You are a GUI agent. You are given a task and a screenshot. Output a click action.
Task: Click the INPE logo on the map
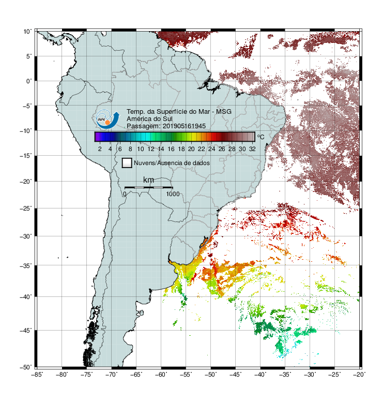108,119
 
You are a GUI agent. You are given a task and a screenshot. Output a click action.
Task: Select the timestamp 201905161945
184,126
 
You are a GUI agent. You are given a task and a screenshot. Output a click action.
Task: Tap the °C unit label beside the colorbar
261,137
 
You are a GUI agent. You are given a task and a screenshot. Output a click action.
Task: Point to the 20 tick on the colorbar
191,149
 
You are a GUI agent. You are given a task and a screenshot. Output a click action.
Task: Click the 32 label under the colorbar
252,149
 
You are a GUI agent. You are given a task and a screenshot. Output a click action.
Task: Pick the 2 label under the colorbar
100,149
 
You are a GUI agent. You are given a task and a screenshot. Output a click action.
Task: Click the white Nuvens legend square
127,163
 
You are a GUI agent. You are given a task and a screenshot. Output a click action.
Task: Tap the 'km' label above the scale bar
148,180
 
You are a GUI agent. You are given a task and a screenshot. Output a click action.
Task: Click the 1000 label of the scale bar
173,194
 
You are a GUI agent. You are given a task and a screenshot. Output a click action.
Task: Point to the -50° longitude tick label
210,375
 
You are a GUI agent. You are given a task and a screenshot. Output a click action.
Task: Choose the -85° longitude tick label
37,375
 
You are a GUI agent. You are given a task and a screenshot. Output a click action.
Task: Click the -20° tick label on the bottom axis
359,375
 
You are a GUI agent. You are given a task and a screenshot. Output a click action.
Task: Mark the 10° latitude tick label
28,32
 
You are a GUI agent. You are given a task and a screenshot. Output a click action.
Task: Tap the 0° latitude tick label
29,81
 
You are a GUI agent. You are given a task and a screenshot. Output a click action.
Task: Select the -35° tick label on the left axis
26,266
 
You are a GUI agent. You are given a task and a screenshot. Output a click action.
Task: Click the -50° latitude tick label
26,367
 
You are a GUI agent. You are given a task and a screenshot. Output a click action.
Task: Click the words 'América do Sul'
149,119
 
